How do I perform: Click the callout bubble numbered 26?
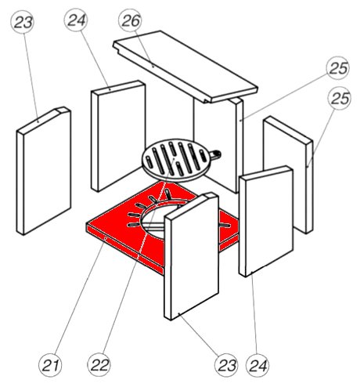(x=130, y=20)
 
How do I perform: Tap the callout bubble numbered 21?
(x=50, y=365)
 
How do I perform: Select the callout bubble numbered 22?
(x=99, y=365)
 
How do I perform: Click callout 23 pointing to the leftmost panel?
(x=23, y=22)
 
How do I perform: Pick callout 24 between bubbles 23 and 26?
(x=76, y=20)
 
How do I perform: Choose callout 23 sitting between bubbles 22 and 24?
(x=226, y=365)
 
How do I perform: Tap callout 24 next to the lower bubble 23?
(x=257, y=365)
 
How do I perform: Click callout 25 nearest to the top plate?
(x=338, y=68)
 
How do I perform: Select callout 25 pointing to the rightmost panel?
(x=340, y=98)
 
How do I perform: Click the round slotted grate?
(x=175, y=160)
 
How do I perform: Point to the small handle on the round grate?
(x=215, y=154)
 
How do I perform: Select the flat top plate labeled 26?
(x=185, y=67)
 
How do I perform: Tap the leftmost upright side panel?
(x=44, y=171)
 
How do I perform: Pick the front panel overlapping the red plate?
(x=191, y=256)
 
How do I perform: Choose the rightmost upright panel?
(x=288, y=175)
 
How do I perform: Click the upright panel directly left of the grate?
(x=118, y=136)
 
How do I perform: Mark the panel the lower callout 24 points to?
(x=266, y=221)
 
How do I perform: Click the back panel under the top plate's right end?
(x=218, y=145)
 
